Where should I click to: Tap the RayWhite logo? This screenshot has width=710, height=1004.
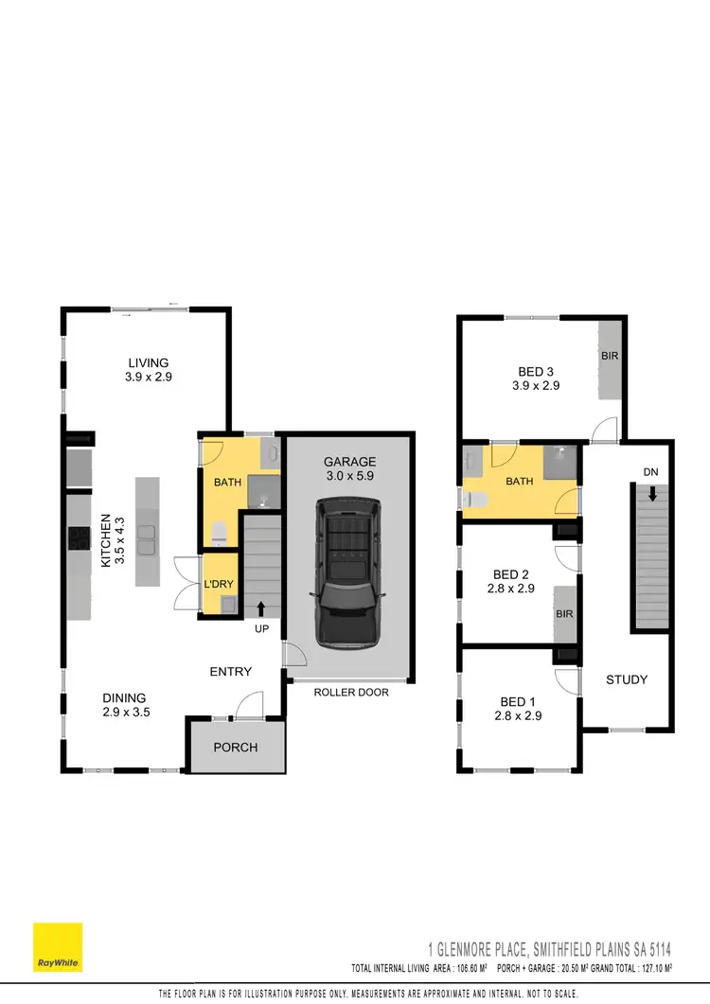(x=58, y=947)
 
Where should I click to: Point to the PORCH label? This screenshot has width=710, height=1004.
(x=236, y=747)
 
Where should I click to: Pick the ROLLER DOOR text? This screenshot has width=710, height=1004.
(x=351, y=692)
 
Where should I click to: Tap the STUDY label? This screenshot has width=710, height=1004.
(x=627, y=679)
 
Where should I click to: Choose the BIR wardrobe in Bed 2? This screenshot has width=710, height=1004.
(x=565, y=614)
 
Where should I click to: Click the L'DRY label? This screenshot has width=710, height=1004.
(x=219, y=585)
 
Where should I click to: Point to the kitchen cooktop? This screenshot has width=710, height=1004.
(x=78, y=539)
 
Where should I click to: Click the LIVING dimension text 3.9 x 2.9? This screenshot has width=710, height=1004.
(x=148, y=377)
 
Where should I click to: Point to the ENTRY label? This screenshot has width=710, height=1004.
(x=231, y=672)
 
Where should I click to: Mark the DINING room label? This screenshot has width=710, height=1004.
(x=125, y=701)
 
